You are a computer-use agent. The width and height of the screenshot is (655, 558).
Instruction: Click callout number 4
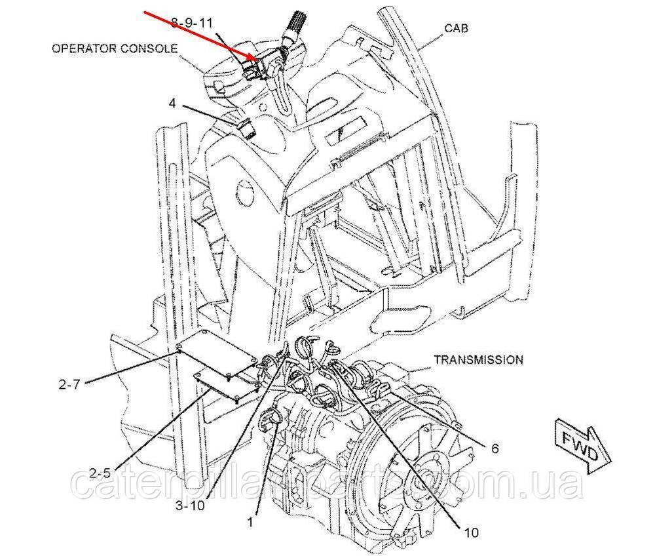click(172, 103)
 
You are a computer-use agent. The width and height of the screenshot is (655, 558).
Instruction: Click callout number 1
click(250, 523)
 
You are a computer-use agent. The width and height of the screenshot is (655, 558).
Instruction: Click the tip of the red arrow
click(257, 61)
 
